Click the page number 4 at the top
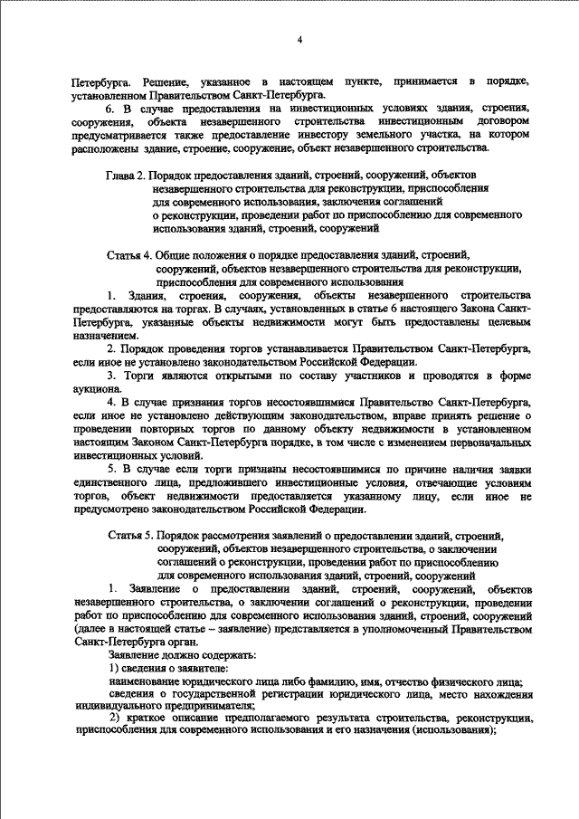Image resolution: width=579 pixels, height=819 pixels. click(x=300, y=39)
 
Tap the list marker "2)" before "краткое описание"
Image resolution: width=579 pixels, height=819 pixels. click(x=115, y=719)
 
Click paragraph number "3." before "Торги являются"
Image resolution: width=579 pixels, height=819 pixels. click(x=113, y=374)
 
